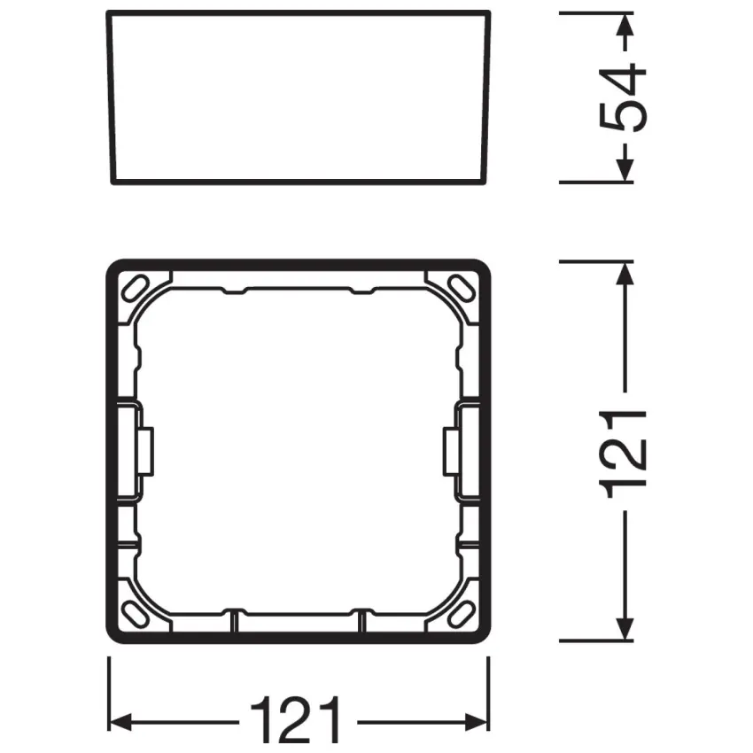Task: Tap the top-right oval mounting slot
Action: tap(461, 288)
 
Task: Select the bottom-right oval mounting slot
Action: tap(461, 613)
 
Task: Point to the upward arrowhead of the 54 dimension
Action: tap(625, 27)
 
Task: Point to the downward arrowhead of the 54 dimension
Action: tap(625, 170)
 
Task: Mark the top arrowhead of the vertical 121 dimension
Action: tap(625, 275)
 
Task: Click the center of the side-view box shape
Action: tap(298, 97)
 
